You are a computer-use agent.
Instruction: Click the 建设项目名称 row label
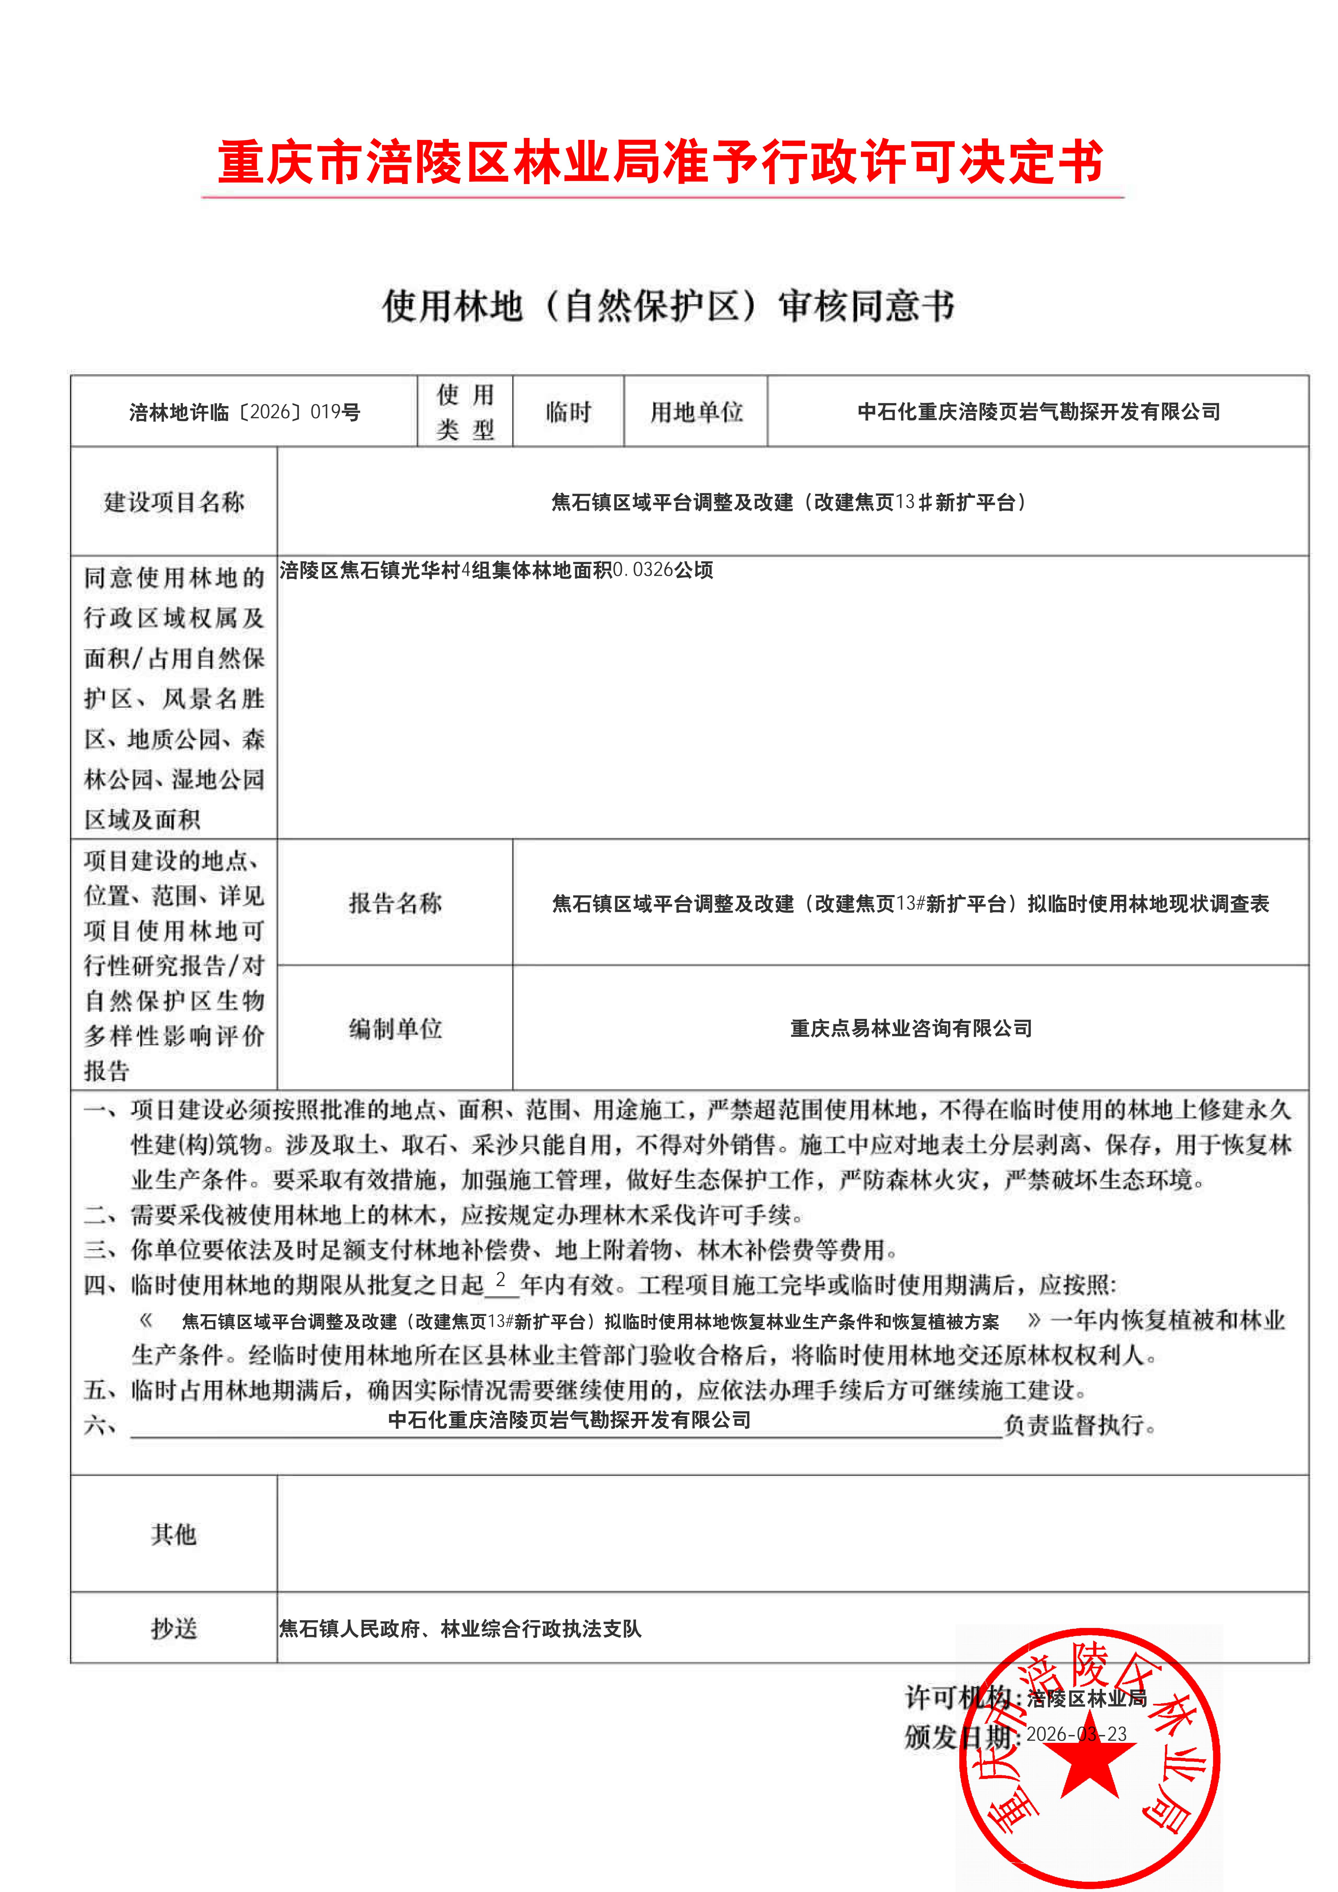[174, 502]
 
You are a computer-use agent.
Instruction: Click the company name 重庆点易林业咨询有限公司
[911, 1028]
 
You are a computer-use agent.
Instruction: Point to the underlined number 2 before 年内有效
[500, 1280]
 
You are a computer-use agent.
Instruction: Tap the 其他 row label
[174, 1534]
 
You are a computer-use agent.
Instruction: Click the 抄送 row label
[174, 1628]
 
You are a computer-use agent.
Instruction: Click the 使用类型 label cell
[465, 412]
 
